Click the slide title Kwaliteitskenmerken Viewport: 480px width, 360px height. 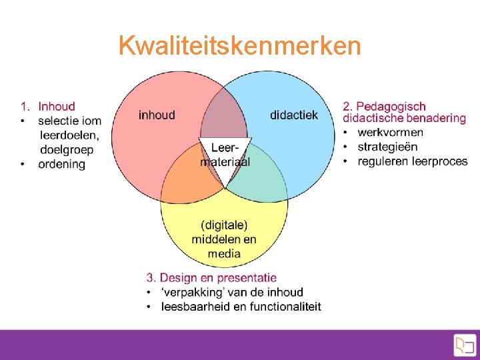[x=239, y=46]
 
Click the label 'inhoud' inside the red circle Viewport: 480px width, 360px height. [x=157, y=115]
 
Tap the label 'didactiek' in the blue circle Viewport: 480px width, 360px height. [x=294, y=115]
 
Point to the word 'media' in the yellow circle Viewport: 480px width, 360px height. [x=224, y=253]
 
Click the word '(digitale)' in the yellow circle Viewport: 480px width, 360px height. [x=224, y=225]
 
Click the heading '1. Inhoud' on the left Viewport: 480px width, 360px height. [x=48, y=106]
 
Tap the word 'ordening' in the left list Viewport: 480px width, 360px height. [x=61, y=164]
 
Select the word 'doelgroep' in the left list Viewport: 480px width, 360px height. [x=67, y=149]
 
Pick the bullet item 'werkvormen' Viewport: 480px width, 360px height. [x=390, y=132]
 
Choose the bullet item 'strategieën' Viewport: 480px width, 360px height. [x=387, y=147]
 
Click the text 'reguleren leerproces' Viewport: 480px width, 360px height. [x=413, y=161]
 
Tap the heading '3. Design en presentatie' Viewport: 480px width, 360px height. [x=211, y=277]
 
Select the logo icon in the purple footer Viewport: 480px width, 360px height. [x=464, y=345]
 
